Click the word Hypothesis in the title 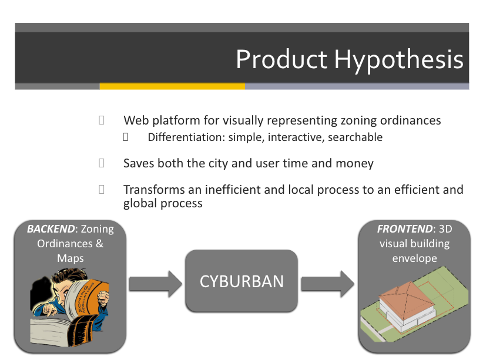coord(399,60)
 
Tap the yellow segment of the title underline coord(172,86)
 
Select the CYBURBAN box coord(241,281)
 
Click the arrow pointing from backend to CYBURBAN coord(156,284)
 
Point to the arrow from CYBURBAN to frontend coord(328,284)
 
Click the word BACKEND coord(51,229)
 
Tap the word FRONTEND coord(405,229)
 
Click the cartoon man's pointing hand coord(46,310)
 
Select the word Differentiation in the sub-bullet coord(186,137)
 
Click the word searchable coord(355,137)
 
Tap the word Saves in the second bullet coord(139,163)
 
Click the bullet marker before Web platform coord(101,120)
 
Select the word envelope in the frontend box coord(415,258)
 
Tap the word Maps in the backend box coord(71,258)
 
